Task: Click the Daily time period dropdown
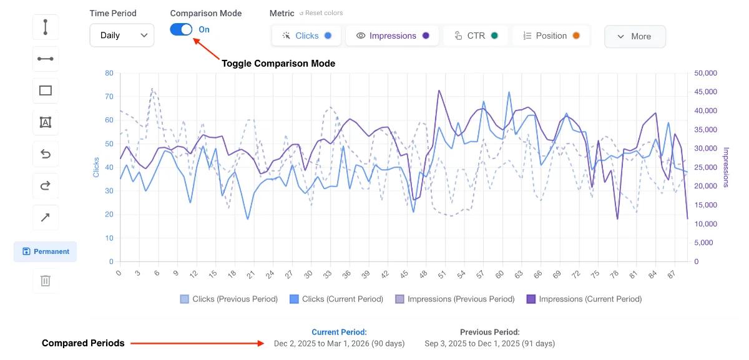click(122, 36)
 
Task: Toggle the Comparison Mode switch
click(181, 29)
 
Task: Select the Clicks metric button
click(306, 36)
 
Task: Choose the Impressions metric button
click(393, 36)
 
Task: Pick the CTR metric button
click(476, 36)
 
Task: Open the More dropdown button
click(634, 36)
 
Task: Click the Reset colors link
click(321, 13)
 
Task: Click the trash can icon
click(46, 280)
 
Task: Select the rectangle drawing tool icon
click(46, 90)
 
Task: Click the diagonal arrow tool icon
click(46, 218)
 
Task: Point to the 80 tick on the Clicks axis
click(109, 73)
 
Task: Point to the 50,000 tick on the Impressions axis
click(705, 73)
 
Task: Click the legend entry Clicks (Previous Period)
click(229, 299)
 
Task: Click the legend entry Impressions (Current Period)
click(584, 299)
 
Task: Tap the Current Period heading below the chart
click(339, 332)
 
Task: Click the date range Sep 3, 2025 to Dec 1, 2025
click(489, 343)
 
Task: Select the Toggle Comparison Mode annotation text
click(278, 64)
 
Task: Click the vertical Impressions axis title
click(726, 167)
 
